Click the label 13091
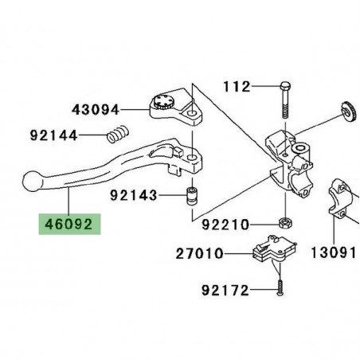(x=337, y=252)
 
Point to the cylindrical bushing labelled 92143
(x=190, y=195)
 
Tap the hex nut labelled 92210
(x=285, y=220)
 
